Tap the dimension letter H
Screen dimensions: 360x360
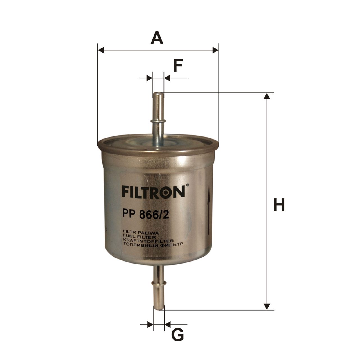279,204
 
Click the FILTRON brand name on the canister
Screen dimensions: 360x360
153,192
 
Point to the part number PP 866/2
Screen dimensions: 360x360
145,215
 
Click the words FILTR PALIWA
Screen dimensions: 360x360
141,233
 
